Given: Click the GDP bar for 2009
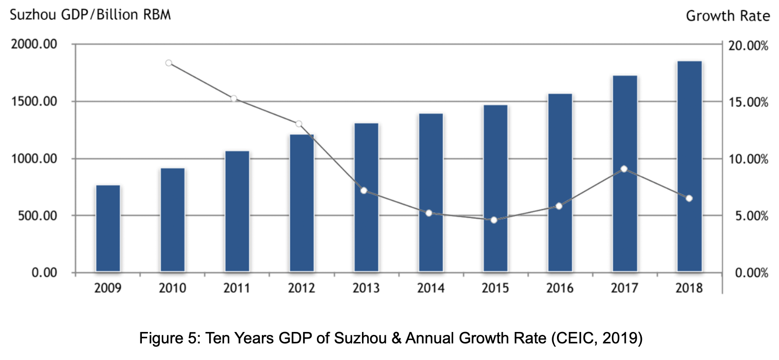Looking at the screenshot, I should pos(108,228).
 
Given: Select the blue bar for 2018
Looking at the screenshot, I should pos(689,166).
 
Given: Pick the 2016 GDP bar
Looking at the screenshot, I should pos(560,183).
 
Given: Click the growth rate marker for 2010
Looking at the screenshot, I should pos(169,63).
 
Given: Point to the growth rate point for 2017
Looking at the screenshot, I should pos(624,169).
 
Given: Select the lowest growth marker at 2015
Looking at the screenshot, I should pos(494,220).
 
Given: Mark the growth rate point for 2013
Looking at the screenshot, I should pos(364,191).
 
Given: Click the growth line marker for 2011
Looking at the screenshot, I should pos(234,99).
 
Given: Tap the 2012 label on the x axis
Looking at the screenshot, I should pos(301,288).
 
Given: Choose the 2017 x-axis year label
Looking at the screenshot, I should pos(624,288).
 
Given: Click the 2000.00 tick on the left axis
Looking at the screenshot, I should pos(34,45).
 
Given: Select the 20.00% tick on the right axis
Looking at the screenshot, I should pos(748,46).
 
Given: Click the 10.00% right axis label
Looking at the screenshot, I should pos(748,159).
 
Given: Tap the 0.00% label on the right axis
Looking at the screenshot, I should pos(751,273).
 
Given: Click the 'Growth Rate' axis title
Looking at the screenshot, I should pos(727,16).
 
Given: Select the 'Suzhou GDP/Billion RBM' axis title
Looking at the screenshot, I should pos(90,15).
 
